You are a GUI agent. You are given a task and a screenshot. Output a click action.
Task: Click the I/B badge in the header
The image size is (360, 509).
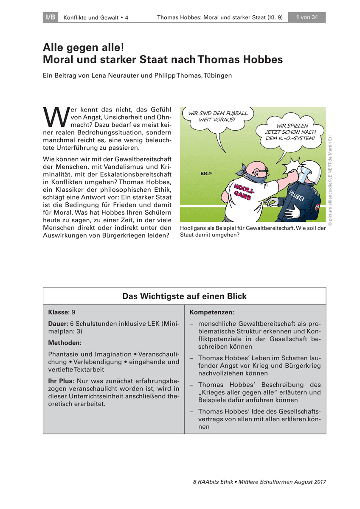point(50,17)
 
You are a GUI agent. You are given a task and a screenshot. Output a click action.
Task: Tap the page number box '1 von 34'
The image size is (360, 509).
point(307,17)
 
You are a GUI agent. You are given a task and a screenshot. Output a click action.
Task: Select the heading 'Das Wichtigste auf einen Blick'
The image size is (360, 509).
point(184,296)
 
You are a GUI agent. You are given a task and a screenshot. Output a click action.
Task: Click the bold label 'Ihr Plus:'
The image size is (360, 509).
point(61,381)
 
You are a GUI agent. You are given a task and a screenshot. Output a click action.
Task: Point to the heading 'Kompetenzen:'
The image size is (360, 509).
point(211,313)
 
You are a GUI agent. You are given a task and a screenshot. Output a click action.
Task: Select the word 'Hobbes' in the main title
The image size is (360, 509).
point(260,60)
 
